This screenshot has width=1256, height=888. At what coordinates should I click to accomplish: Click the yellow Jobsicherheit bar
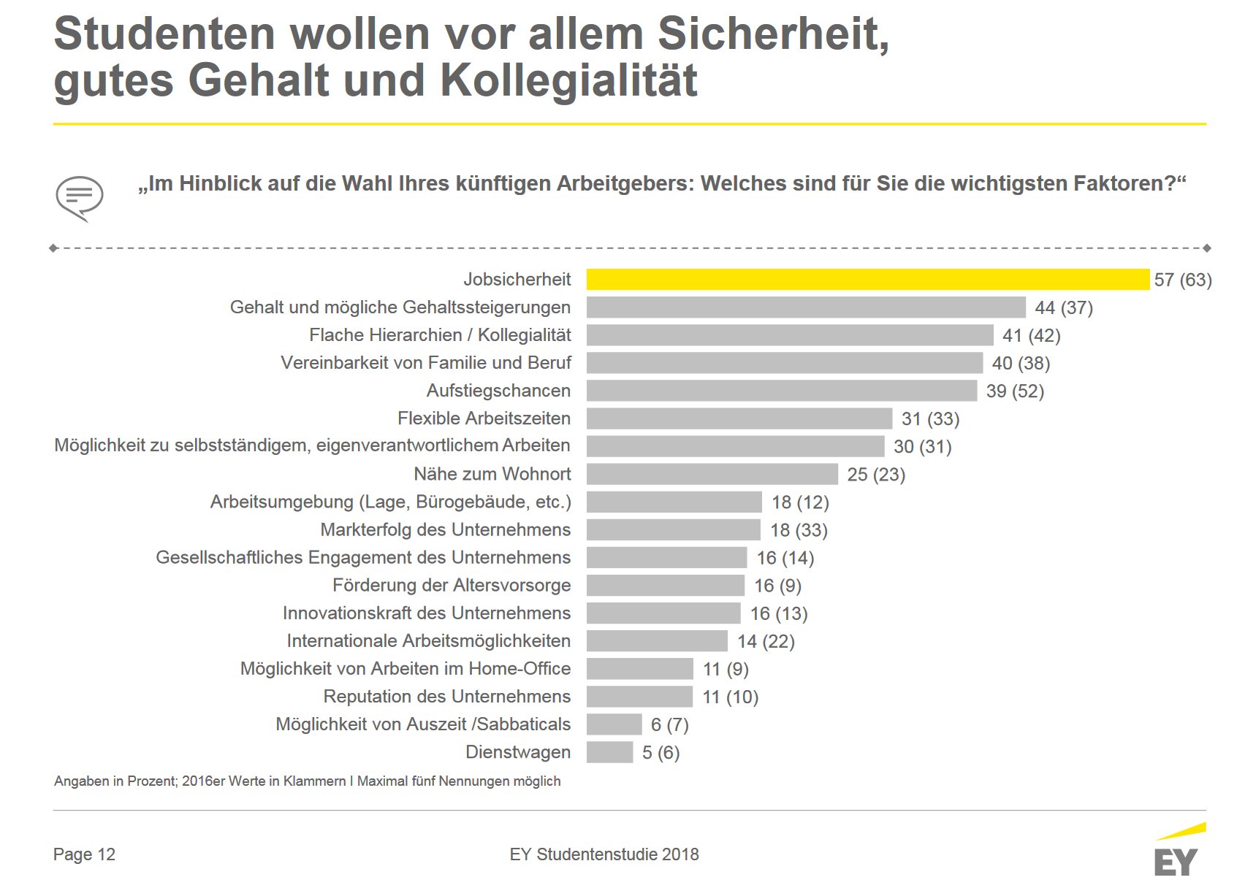pyautogui.click(x=867, y=280)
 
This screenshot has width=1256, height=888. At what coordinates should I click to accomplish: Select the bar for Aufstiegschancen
pyautogui.click(x=782, y=391)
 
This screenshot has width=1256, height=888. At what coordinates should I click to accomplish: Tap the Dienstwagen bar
pyautogui.click(x=609, y=752)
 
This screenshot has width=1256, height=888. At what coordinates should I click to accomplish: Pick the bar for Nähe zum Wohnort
pyautogui.click(x=712, y=474)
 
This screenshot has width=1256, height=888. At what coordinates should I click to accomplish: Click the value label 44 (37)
pyautogui.click(x=1064, y=307)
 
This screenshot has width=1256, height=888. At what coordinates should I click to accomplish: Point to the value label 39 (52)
pyautogui.click(x=1015, y=391)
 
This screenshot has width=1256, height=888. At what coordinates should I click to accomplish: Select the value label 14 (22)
pyautogui.click(x=766, y=641)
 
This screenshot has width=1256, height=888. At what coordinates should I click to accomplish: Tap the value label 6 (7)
pyautogui.click(x=670, y=724)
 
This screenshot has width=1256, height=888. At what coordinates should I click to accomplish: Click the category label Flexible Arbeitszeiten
pyautogui.click(x=484, y=418)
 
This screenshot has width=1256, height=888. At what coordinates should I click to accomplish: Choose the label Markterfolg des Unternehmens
pyautogui.click(x=446, y=529)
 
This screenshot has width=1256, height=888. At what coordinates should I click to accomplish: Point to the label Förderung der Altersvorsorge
pyautogui.click(x=452, y=585)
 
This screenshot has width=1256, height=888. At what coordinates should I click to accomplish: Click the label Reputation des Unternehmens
pyautogui.click(x=447, y=696)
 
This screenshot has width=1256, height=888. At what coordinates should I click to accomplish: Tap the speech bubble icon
pyautogui.click(x=80, y=198)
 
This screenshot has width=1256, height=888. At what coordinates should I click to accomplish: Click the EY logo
pyautogui.click(x=1179, y=850)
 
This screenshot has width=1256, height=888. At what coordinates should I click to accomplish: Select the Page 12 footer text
pyautogui.click(x=84, y=854)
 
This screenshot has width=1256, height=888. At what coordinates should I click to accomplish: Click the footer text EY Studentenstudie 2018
pyautogui.click(x=604, y=854)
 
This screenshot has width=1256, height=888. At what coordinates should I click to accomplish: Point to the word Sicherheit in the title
pyautogui.click(x=774, y=34)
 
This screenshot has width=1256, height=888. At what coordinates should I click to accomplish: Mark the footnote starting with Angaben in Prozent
pyautogui.click(x=308, y=781)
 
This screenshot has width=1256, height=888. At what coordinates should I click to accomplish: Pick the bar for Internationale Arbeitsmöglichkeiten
pyautogui.click(x=657, y=641)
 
